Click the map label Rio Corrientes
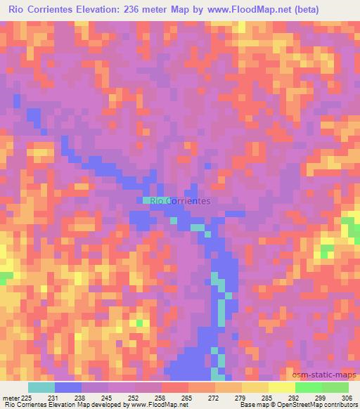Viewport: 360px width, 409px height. pyautogui.click(x=181, y=201)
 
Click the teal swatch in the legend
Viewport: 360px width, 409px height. pyautogui.click(x=41, y=387)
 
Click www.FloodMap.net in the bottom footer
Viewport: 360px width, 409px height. pyautogui.click(x=153, y=405)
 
